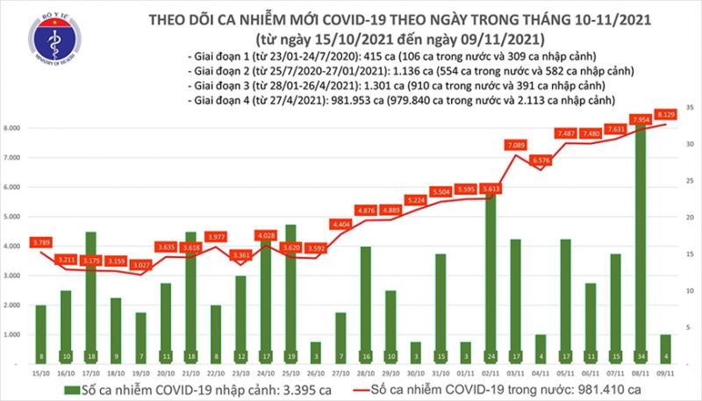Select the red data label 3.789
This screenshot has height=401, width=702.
(39, 241)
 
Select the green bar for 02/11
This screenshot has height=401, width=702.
(492, 272)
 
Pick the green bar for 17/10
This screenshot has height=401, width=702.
(90, 294)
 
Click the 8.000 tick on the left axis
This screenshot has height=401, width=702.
(14, 128)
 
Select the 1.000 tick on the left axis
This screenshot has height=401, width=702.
(14, 335)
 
